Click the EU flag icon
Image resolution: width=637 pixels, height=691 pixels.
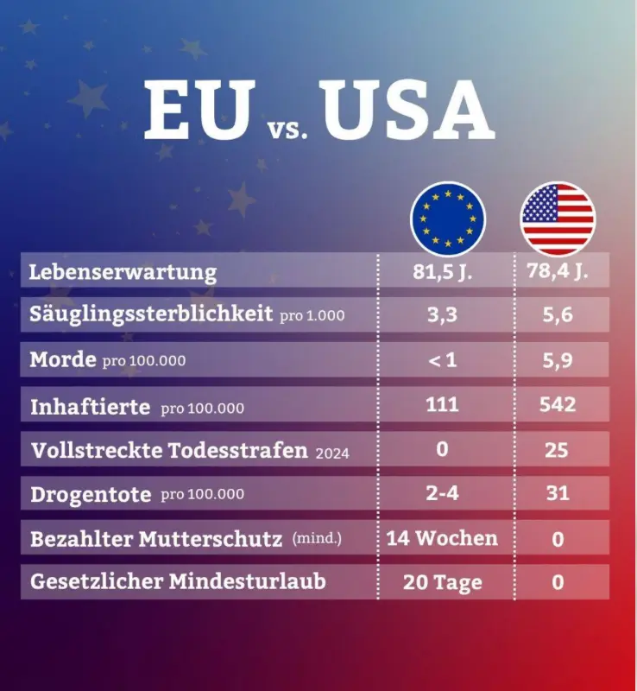tap(448, 219)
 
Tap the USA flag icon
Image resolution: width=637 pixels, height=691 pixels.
tap(558, 219)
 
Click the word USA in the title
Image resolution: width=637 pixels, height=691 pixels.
tap(408, 111)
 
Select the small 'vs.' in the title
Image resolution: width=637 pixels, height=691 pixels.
tap(287, 130)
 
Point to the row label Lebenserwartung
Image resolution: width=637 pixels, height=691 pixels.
tap(123, 272)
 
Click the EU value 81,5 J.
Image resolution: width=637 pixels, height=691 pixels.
tap(442, 272)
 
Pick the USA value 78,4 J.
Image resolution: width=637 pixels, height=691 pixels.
tap(558, 270)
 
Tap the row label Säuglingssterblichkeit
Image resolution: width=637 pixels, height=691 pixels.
tap(151, 314)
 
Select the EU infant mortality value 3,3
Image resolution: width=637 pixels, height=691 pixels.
tap(442, 315)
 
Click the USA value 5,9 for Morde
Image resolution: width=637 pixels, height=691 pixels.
tap(558, 360)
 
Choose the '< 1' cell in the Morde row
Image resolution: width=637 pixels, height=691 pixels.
tap(442, 360)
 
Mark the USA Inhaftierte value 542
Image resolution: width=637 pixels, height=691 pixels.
tap(558, 404)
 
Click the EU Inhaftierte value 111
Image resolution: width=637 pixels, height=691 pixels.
tap(442, 404)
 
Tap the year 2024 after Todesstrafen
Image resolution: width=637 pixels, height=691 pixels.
tap(332, 453)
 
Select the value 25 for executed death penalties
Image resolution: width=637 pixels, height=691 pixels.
tap(557, 450)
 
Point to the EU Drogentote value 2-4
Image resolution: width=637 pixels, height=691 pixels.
tap(442, 493)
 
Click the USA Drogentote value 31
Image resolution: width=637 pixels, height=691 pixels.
tap(558, 493)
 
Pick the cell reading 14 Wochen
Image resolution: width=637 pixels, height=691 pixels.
tap(442, 538)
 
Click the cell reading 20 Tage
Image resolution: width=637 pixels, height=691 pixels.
tap(443, 582)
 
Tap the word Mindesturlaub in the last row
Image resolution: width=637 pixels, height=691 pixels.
tap(247, 581)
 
